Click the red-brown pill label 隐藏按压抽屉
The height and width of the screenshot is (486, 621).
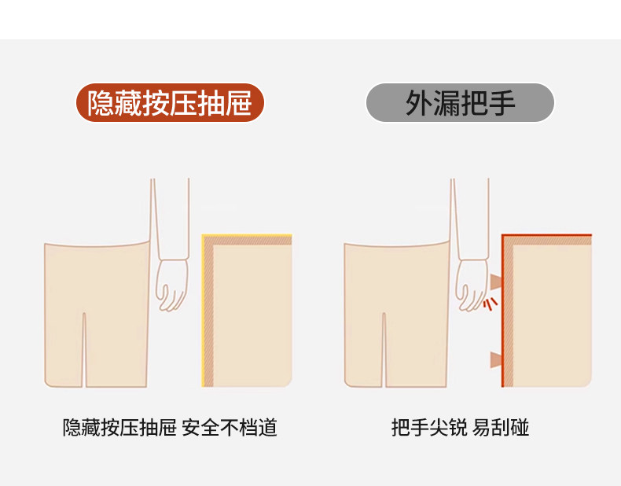(170, 102)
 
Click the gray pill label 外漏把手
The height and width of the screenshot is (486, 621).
(460, 102)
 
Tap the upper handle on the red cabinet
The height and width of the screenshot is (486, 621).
(496, 282)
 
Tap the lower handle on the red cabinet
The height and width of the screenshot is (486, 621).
(496, 359)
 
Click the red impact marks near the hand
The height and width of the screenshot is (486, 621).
(491, 304)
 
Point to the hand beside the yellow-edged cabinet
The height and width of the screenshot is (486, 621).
(171, 285)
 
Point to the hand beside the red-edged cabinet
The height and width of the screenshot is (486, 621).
(472, 285)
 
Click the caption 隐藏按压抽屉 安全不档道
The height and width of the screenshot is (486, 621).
(170, 427)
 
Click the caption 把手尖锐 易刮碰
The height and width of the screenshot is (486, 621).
(460, 427)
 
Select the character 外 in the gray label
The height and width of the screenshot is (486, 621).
(419, 103)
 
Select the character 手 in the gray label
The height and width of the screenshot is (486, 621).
(502, 103)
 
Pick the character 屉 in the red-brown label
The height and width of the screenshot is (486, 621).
(239, 103)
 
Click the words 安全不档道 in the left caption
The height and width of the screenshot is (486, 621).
(230, 427)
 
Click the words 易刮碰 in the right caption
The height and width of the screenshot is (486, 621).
(501, 427)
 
